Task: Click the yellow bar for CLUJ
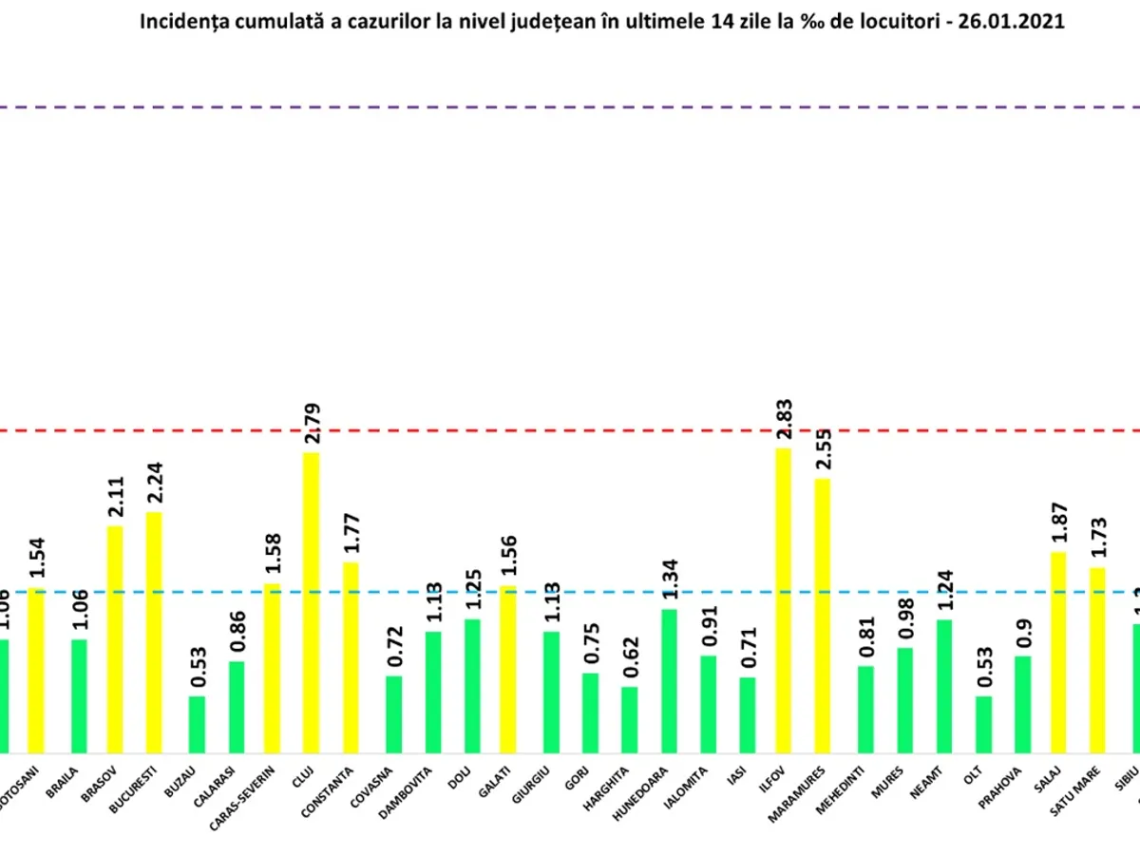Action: pyautogui.click(x=312, y=602)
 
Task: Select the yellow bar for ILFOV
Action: pyautogui.click(x=783, y=600)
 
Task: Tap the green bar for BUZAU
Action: pyautogui.click(x=197, y=724)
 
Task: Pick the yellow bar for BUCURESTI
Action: pyautogui.click(x=154, y=632)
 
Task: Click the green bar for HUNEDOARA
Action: pyautogui.click(x=669, y=680)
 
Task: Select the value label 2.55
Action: pyautogui.click(x=824, y=451)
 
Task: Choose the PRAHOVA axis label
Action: pyautogui.click(x=1013, y=785)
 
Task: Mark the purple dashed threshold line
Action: pyautogui.click(x=570, y=106)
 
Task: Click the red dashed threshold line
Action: pyautogui.click(x=570, y=430)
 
